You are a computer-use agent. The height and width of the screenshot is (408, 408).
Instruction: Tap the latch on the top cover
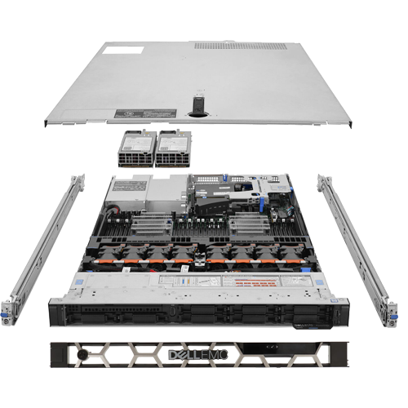[x=197, y=106]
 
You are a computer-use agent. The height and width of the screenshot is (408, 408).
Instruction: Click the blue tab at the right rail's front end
[x=383, y=312]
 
